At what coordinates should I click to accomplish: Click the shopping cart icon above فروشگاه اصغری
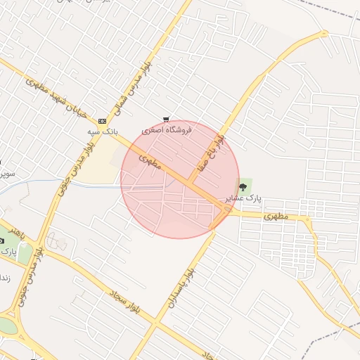165,120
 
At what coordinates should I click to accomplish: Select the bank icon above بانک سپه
103,122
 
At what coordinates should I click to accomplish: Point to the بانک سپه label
102,131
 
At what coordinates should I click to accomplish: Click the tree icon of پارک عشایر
243,187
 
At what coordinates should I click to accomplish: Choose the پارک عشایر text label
243,199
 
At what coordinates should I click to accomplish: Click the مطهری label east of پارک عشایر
276,217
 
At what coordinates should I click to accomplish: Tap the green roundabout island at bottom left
6,326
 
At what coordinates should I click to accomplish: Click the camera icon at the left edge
2,240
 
